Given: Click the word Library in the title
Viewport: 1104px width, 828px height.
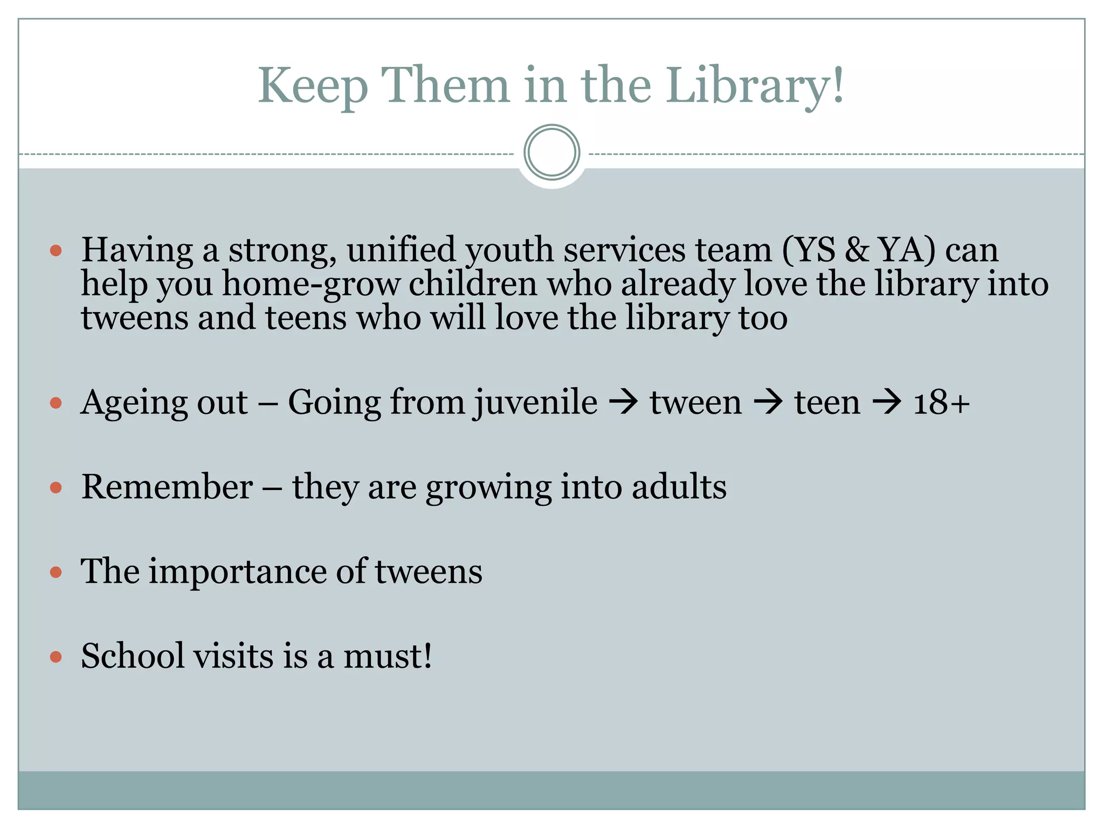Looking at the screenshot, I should coord(755,86).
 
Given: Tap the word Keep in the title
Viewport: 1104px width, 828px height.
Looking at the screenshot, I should coord(313,86).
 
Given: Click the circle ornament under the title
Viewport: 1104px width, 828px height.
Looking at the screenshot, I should coord(551,153).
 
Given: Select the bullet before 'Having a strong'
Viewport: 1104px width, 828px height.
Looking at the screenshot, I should coord(56,251).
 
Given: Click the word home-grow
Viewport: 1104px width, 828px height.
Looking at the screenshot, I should coord(311,284).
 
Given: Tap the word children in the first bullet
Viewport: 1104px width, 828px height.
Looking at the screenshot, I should coord(473,284).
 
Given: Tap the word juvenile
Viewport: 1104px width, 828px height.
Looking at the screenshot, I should coord(536,403).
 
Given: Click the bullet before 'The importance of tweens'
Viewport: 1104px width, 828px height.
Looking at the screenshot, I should coord(56,572).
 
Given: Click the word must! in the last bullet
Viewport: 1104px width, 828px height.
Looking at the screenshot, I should coord(388,656).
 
